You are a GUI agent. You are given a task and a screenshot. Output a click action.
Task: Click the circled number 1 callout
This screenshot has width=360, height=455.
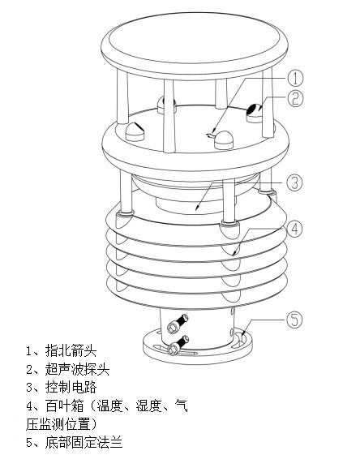[x=297, y=78]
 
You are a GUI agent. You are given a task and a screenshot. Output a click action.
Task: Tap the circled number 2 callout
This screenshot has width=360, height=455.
[x=297, y=100]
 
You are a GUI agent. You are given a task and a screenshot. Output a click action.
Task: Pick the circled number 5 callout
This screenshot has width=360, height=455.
[x=296, y=319]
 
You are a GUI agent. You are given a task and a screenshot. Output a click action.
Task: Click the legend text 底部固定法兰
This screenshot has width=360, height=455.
[x=81, y=442]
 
